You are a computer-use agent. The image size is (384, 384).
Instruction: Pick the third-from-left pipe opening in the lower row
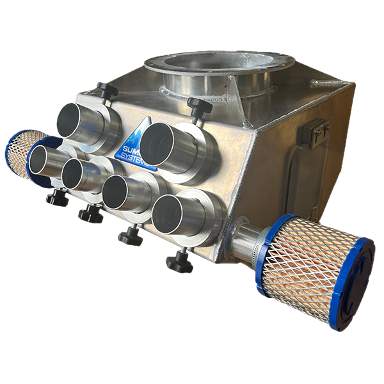coord(119,193)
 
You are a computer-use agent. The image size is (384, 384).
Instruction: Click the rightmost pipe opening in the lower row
coord(168,214)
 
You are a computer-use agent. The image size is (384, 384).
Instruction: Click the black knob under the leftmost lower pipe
coord(57,200)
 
